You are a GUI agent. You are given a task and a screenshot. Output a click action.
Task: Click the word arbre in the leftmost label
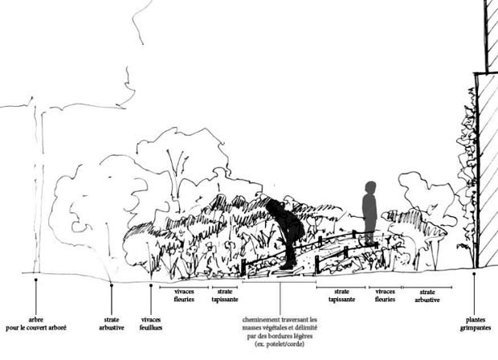[x=35, y=320]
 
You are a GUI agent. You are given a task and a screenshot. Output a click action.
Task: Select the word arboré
[x=57, y=328]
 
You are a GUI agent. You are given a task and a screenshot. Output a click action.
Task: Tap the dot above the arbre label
[x=36, y=280]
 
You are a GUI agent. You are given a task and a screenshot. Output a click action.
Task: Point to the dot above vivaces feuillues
[x=151, y=285]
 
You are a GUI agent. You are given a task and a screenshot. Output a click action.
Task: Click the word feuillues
[x=151, y=328]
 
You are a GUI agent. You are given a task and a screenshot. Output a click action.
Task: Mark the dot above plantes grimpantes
[x=474, y=273]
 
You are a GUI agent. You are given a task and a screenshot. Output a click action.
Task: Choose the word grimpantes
[x=476, y=328]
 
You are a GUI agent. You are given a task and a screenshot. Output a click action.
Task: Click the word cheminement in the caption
[x=261, y=320]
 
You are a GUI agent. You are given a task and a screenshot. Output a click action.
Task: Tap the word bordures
[x=288, y=336]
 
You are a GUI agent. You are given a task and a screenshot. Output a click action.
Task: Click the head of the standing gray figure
[x=370, y=187]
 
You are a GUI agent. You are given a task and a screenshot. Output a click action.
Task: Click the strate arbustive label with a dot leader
[x=112, y=324]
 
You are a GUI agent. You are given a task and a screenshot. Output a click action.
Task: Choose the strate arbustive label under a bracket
[x=427, y=296]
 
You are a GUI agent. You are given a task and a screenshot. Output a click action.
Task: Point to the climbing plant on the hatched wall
[x=467, y=187]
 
